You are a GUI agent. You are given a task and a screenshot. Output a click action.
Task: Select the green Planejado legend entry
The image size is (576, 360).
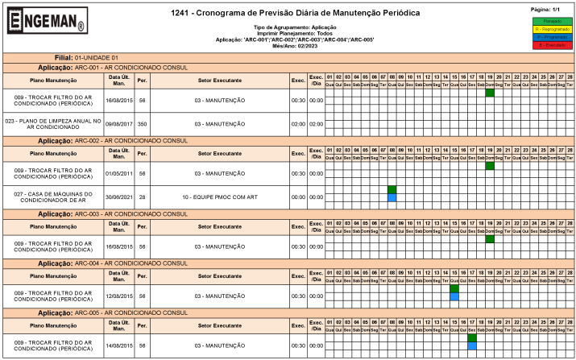[552, 20]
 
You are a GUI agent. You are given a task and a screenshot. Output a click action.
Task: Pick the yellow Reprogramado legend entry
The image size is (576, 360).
[552, 28]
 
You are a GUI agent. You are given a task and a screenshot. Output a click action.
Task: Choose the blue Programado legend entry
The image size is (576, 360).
[552, 37]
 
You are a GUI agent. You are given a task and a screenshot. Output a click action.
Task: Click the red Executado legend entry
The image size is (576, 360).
[552, 45]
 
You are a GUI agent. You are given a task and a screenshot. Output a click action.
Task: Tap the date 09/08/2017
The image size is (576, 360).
[118, 124]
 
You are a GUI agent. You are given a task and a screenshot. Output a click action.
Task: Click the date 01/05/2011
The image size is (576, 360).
[118, 173]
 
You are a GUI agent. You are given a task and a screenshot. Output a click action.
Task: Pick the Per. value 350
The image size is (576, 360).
[142, 124]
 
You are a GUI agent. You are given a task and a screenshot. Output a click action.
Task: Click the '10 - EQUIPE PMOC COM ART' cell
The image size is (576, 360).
[220, 197]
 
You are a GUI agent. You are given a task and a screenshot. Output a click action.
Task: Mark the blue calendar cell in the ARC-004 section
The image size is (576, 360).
[454, 297]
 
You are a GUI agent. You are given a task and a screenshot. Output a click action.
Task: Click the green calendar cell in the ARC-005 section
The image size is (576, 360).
[472, 338]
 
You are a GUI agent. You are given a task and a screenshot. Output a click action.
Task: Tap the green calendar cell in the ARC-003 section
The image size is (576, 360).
[490, 239]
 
